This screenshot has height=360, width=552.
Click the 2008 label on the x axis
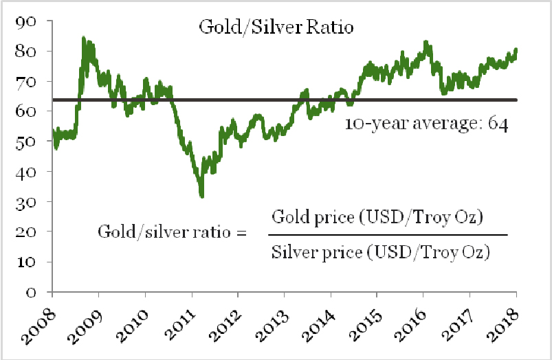pyautogui.click(x=43, y=323)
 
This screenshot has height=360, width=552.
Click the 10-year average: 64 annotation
pyautogui.click(x=426, y=125)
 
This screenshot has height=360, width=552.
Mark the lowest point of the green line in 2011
pyautogui.click(x=201, y=196)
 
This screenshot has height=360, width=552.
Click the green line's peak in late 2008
pyautogui.click(x=83, y=38)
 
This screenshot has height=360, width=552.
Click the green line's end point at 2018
pyautogui.click(x=516, y=50)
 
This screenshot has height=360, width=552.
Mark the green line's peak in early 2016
pyautogui.click(x=426, y=42)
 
